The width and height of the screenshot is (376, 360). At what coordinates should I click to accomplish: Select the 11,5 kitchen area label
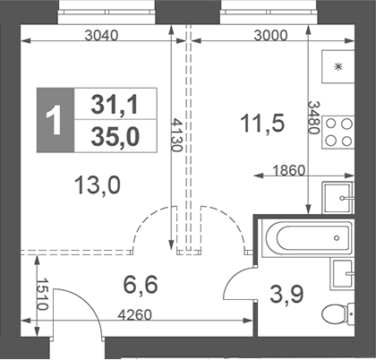tap(262, 124)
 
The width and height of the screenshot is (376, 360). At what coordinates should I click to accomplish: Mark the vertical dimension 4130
tap(177, 135)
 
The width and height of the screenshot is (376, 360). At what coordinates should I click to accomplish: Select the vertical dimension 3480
tap(312, 116)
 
